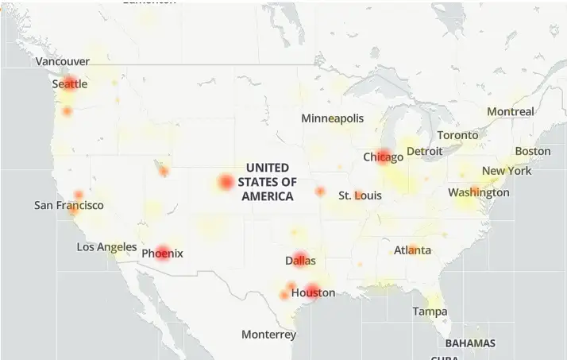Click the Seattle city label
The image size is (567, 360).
click(x=70, y=84)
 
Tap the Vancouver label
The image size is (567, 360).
click(x=63, y=61)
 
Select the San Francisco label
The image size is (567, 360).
click(x=69, y=205)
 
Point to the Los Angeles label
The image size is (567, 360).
click(x=106, y=247)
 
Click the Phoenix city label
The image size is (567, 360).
click(x=162, y=254)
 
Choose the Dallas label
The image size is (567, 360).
click(x=300, y=260)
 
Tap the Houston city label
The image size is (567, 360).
click(x=313, y=292)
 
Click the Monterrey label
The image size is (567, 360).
click(x=269, y=335)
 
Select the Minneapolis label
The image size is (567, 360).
click(x=333, y=118)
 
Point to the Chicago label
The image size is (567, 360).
click(x=384, y=157)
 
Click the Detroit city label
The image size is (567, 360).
click(x=424, y=151)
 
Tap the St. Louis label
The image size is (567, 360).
click(x=360, y=195)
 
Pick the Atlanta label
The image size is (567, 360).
click(x=413, y=250)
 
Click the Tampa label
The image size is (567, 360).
click(x=430, y=312)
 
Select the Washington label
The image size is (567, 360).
click(x=479, y=192)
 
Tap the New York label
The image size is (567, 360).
click(x=507, y=171)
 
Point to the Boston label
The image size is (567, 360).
click(x=533, y=151)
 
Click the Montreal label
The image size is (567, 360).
click(x=511, y=112)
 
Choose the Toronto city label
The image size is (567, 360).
click(x=458, y=135)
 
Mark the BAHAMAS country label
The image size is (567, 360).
click(x=470, y=343)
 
